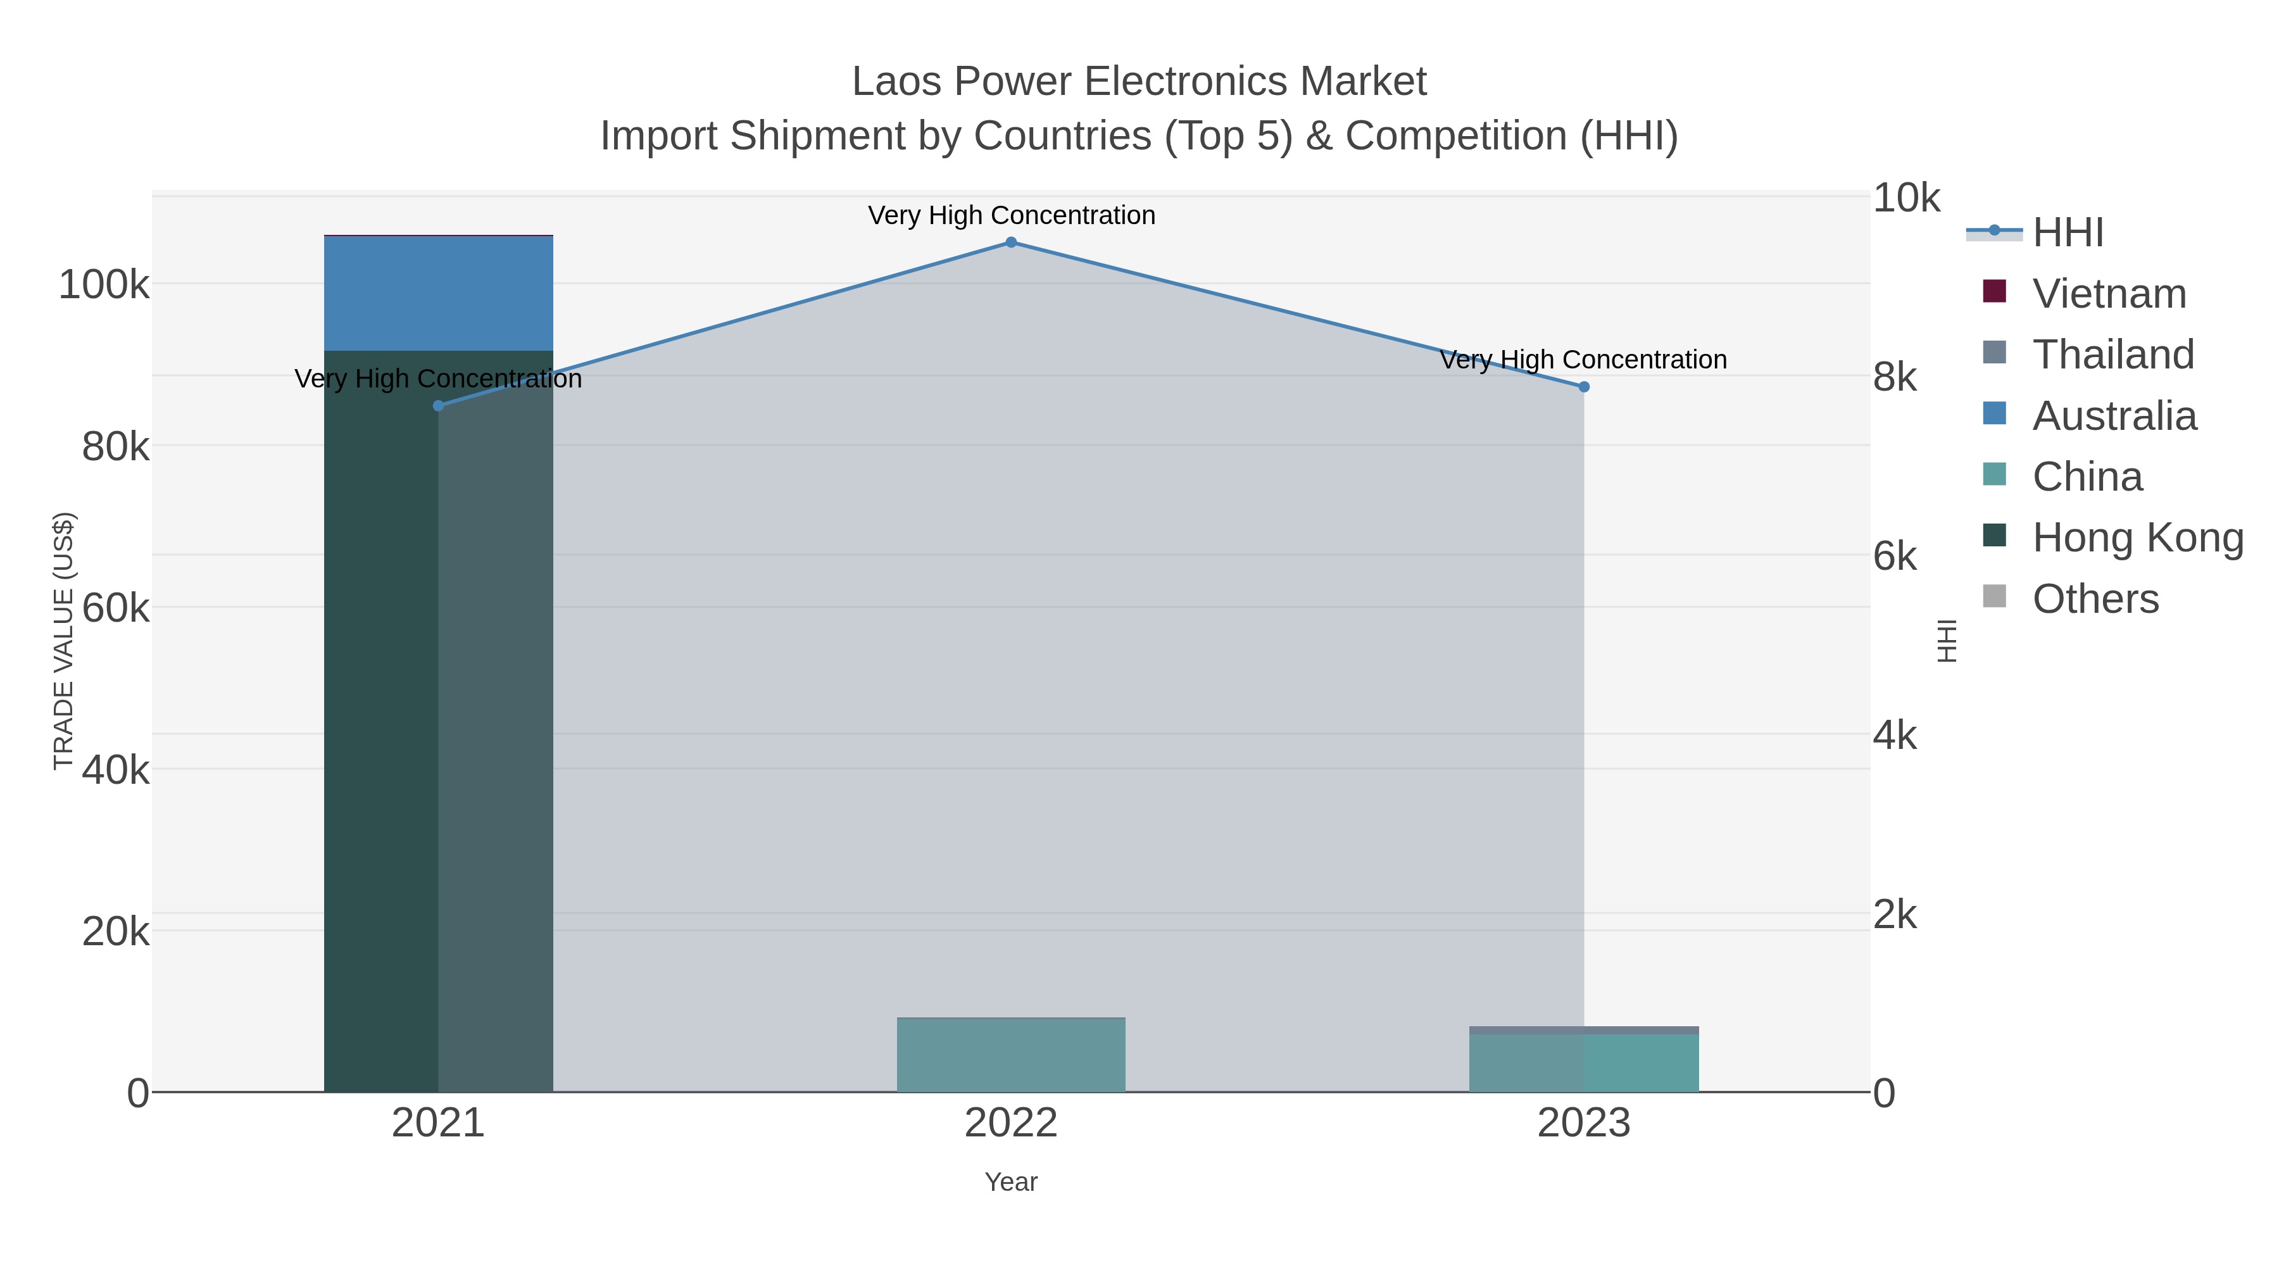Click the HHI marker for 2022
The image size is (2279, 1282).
(1011, 242)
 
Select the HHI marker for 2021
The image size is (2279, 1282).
(438, 406)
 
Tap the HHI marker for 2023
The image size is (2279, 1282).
(1584, 387)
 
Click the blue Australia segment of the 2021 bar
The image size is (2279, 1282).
(438, 294)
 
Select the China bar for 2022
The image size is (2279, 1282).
(1011, 1055)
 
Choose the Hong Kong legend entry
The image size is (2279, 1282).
(2137, 538)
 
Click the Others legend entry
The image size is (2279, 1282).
(2094, 599)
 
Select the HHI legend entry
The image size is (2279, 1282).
(2067, 233)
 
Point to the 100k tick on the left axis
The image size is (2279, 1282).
(104, 286)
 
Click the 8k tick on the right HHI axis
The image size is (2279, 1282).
(1895, 378)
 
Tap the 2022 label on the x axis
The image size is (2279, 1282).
(1011, 1124)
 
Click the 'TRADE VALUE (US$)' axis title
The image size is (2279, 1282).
(64, 641)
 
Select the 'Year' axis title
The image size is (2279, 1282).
(1011, 1182)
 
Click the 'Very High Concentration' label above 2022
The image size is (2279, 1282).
(1011, 216)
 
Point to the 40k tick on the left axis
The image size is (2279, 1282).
(115, 770)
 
